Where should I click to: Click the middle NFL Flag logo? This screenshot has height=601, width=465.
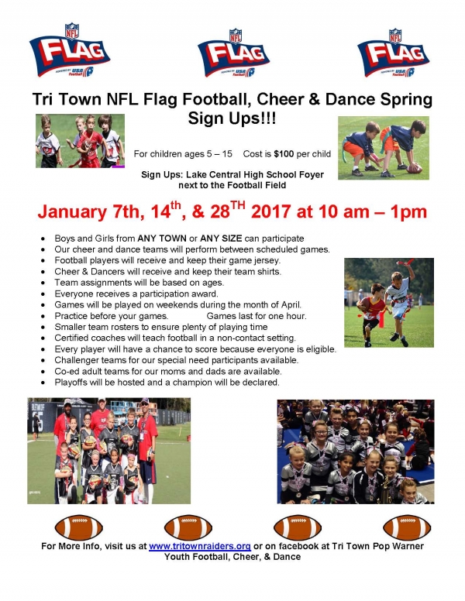[233, 53]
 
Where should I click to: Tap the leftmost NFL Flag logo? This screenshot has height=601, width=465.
[70, 50]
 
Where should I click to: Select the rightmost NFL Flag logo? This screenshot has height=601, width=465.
[393, 53]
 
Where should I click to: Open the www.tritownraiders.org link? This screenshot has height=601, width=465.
[199, 546]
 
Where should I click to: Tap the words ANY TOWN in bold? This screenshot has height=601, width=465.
[162, 239]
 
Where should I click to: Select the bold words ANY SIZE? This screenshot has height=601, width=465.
[221, 239]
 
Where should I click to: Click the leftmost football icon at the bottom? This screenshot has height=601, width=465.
[78, 527]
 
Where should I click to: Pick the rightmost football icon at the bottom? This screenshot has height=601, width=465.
[407, 527]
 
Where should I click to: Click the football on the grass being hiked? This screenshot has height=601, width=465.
[415, 168]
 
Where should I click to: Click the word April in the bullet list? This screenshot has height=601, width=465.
[291, 305]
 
